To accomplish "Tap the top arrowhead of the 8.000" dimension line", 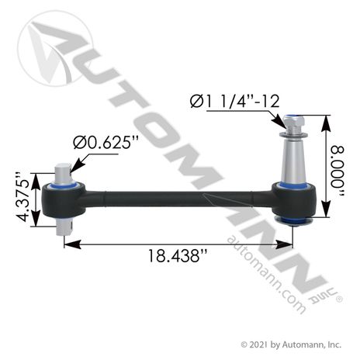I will tap(329, 117).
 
